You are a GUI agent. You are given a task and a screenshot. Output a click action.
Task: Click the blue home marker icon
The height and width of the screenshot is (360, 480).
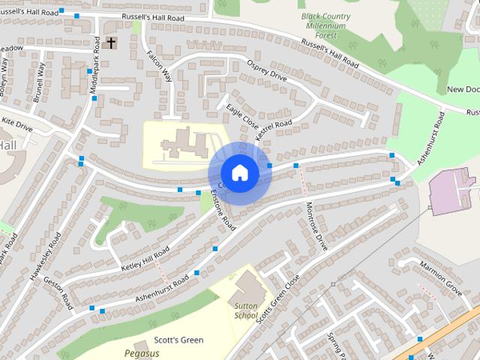(x=239, y=173)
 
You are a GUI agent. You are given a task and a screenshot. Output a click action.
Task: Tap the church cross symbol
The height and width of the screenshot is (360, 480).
(x=112, y=43)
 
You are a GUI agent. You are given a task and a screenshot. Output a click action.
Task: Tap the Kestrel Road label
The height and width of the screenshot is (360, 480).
(x=273, y=131)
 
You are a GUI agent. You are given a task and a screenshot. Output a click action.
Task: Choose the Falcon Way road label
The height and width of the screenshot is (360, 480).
(x=160, y=66)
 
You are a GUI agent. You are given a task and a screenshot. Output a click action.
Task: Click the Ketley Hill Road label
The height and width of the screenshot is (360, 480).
(x=145, y=258)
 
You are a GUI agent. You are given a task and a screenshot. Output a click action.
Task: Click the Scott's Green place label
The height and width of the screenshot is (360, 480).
(x=178, y=340)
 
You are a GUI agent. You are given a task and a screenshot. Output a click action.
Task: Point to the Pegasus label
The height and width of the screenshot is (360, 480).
(x=141, y=352)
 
